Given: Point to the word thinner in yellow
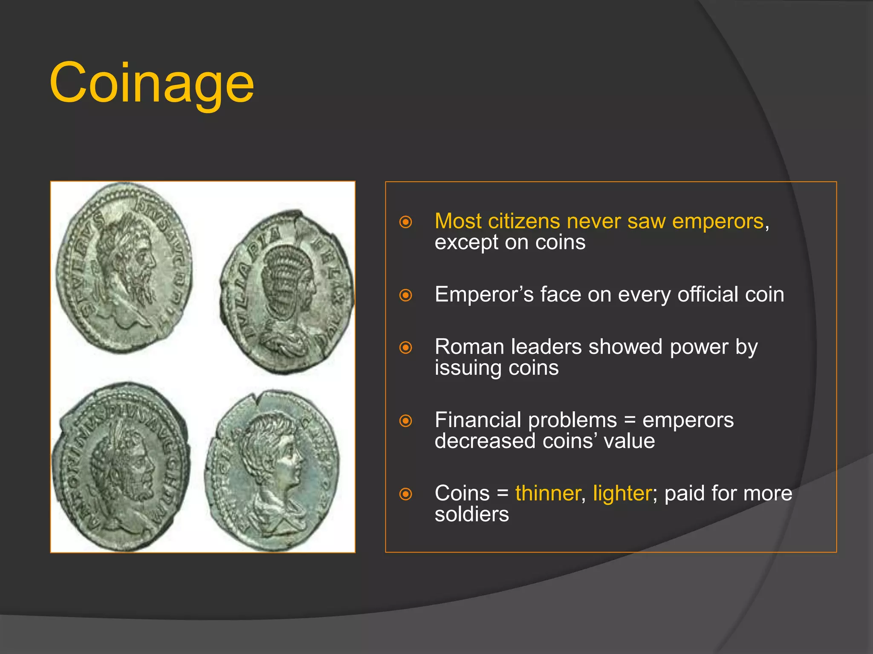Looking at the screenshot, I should pos(547,493).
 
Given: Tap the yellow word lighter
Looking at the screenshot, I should pos(622,493).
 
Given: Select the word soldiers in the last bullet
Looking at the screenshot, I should pos(472,514).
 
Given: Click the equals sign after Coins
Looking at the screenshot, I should pos(503,494).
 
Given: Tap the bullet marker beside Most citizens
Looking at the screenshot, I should pos(405,222).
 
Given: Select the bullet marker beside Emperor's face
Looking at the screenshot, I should pos(405,295).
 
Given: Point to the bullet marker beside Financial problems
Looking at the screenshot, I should pos(405,421).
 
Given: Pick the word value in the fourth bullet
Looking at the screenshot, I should pos(629,441).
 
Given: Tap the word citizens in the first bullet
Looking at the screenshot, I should pos(524,221).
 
